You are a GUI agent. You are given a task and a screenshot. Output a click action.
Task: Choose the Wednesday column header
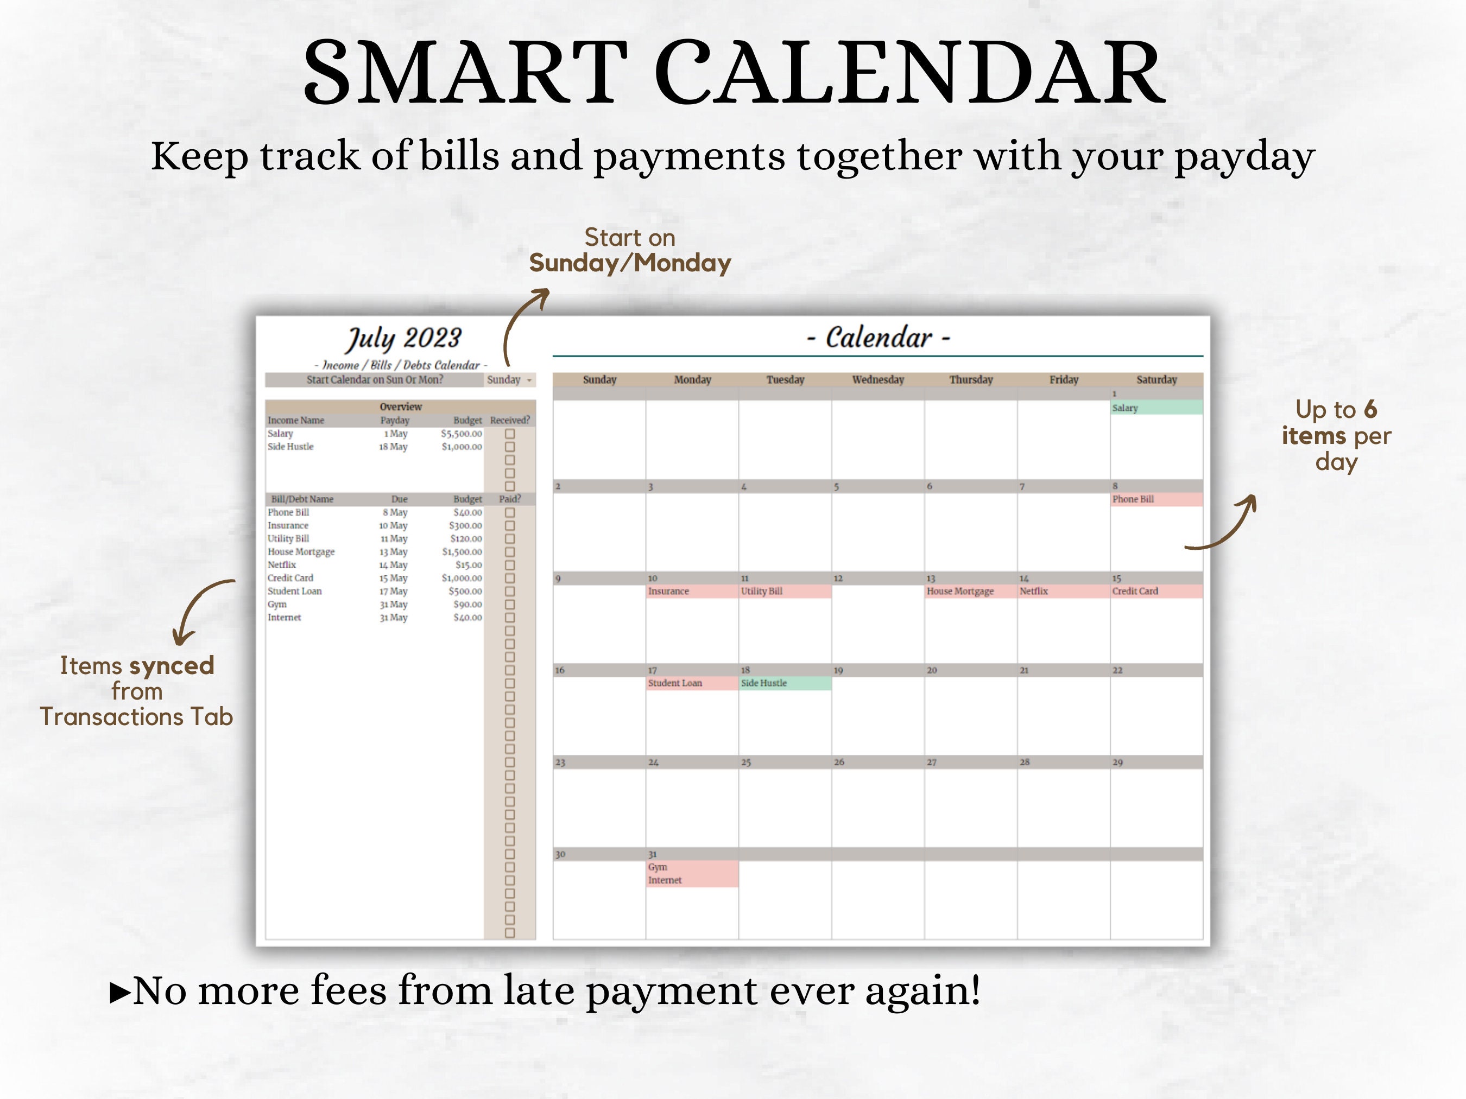tap(877, 379)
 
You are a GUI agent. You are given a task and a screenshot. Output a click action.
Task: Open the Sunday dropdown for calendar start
tap(509, 379)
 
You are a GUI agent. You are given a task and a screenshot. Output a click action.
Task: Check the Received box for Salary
tap(510, 434)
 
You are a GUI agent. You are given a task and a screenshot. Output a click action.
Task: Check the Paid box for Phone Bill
tap(510, 513)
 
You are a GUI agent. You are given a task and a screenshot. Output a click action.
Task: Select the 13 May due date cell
tap(393, 552)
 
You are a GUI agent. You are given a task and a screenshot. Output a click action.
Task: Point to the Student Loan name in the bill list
tap(294, 591)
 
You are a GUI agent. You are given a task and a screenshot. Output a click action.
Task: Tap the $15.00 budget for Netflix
tap(469, 565)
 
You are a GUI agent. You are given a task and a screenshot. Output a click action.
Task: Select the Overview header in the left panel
tap(400, 406)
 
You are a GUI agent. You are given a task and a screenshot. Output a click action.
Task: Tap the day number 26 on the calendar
tap(839, 763)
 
